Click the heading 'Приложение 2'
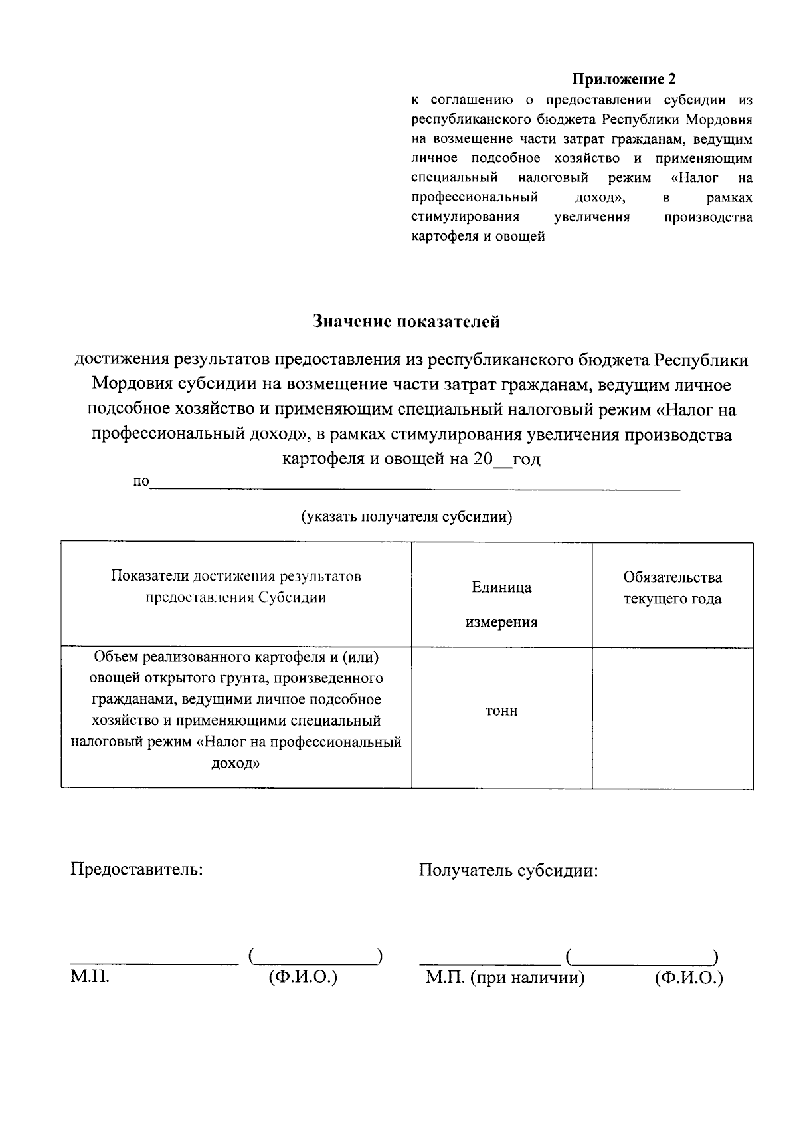pos(624,80)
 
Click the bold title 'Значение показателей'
pos(406,322)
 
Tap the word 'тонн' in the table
pos(501,711)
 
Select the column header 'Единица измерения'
pos(501,605)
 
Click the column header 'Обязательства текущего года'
pos(672,588)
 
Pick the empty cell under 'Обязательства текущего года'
pos(672,718)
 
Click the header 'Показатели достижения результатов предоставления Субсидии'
pos(236,587)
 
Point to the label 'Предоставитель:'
pos(137,869)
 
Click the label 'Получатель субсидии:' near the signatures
pos(508,870)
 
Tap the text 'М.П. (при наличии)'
pos(505,978)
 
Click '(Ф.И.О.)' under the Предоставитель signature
pos(304,977)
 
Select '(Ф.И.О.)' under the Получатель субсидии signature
pos(688,978)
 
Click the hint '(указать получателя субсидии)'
pos(406,516)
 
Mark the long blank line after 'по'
pos(415,488)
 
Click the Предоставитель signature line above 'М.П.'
pos(153,960)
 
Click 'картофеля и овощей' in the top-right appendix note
pos(478,237)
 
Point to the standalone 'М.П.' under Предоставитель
pos(90,977)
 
